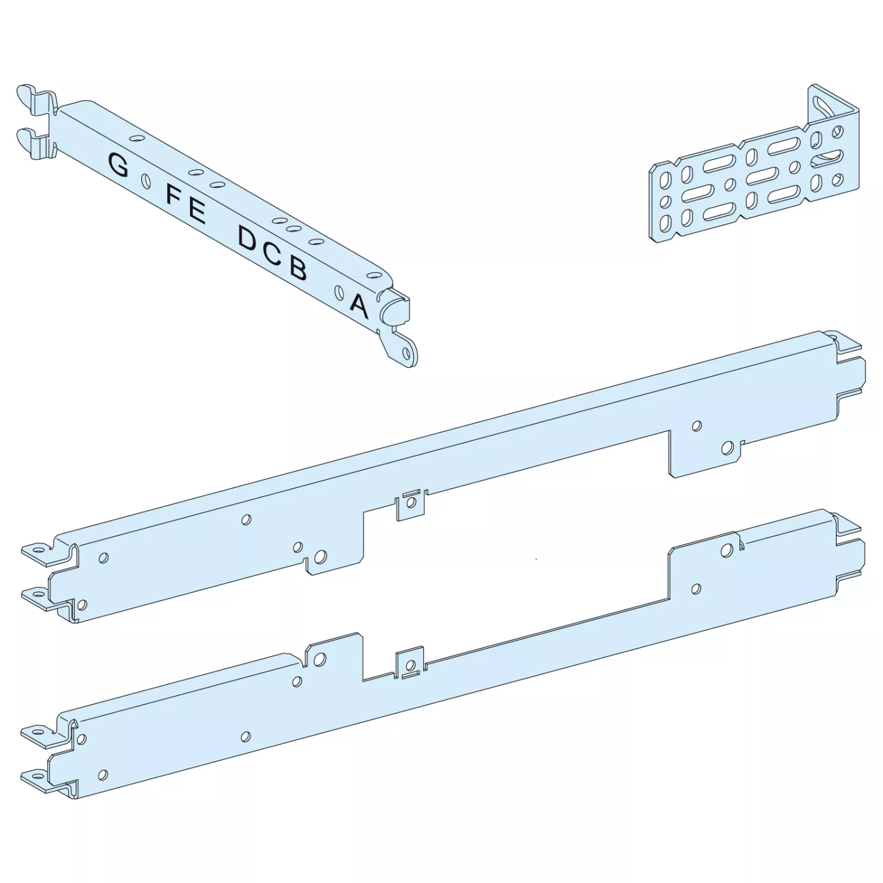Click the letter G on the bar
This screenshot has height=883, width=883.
(x=118, y=164)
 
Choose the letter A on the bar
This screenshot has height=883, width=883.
(x=359, y=306)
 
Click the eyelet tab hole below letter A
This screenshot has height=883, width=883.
(x=406, y=351)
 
